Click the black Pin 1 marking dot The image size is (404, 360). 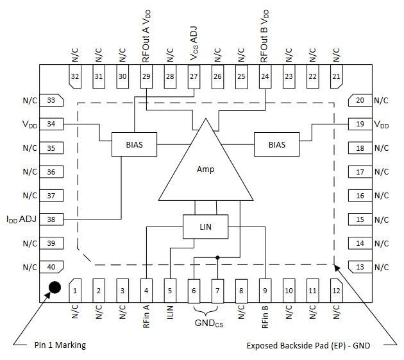pos(55,287)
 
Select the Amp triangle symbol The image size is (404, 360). pos(205,168)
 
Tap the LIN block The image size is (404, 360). pos(205,227)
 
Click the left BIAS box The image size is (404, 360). pos(134,144)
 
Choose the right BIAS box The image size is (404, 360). pos(277,144)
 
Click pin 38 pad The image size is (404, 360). pos(51,219)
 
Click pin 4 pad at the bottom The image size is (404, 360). pos(146,290)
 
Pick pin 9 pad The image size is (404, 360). pos(264,290)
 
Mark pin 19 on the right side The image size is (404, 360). pos(360,124)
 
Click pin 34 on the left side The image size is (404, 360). pos(51,124)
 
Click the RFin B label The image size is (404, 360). pos(264,316)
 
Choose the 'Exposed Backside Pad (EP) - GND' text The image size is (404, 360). pos(308,345)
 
